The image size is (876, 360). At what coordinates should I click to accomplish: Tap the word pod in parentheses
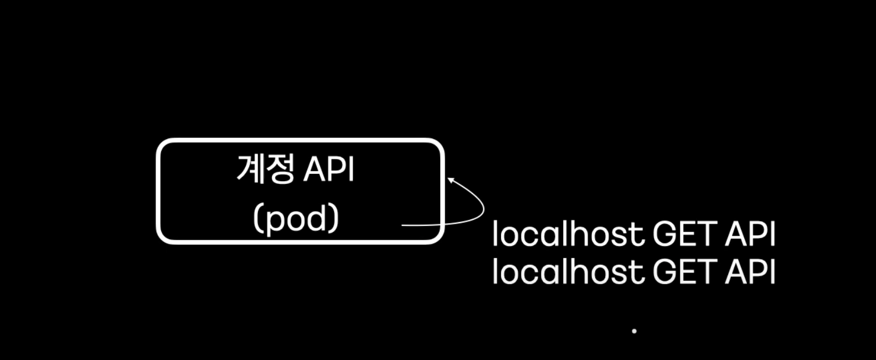(296, 219)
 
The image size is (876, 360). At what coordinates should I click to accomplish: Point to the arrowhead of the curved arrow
(450, 179)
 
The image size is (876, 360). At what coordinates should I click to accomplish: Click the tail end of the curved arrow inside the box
(403, 225)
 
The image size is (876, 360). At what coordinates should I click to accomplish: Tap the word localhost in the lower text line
(568, 271)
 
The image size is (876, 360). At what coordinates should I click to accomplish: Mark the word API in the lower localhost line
(750, 271)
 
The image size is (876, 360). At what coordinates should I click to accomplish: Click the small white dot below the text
(634, 331)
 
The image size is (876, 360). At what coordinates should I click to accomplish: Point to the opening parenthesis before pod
(257, 220)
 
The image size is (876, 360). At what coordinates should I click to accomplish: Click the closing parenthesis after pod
(334, 220)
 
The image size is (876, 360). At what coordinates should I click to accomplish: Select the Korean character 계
(250, 169)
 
